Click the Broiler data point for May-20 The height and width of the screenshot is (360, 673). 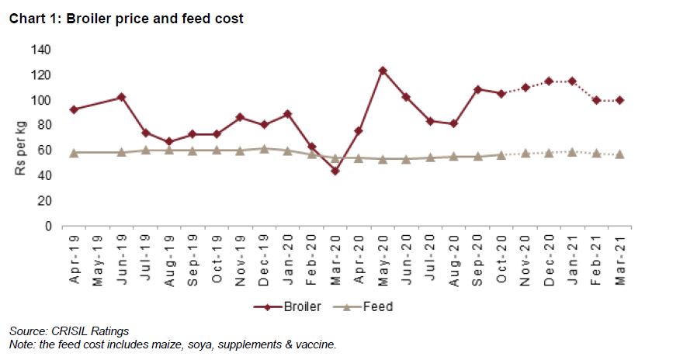tap(383, 71)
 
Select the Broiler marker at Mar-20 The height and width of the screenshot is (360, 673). tap(335, 171)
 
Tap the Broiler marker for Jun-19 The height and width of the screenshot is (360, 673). tap(121, 97)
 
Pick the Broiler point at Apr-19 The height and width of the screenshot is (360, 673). tap(74, 109)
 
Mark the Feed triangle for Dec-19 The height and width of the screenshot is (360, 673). tap(264, 148)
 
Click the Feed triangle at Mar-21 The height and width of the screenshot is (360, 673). tap(619, 154)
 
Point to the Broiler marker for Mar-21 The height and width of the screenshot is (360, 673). tap(619, 100)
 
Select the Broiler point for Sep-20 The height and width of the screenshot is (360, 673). tap(477, 89)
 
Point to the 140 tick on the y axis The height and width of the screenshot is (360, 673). tap(41, 50)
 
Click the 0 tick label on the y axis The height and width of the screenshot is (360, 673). tap(47, 226)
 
